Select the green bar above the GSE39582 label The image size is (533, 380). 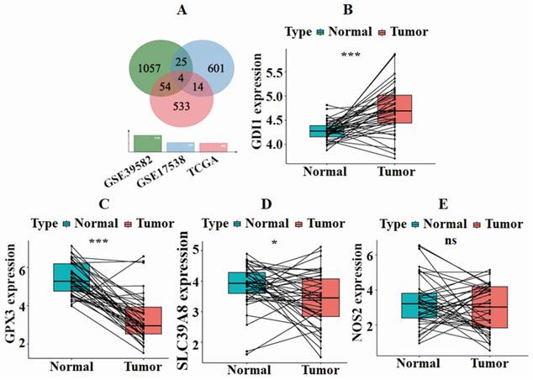click(x=149, y=143)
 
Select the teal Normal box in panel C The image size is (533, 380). click(x=71, y=277)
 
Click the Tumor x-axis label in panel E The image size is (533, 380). click(x=488, y=364)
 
